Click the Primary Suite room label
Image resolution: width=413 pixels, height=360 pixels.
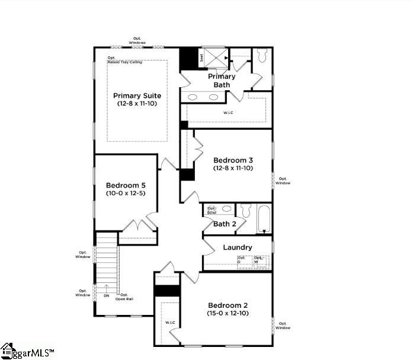[x=137, y=95]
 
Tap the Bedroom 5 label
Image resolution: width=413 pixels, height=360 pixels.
[x=126, y=185]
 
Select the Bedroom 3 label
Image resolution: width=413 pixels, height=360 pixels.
[x=233, y=160]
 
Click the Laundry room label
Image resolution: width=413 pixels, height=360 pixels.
[x=238, y=247]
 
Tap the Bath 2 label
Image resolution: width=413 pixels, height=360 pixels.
[x=225, y=224]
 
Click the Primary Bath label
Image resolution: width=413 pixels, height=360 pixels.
[x=222, y=81]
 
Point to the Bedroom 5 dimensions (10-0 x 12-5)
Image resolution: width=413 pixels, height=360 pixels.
[x=126, y=193]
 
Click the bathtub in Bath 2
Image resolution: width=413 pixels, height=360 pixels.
[x=263, y=219]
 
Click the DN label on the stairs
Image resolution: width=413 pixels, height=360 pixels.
[x=107, y=295]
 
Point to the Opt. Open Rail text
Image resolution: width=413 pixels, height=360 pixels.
[x=126, y=297]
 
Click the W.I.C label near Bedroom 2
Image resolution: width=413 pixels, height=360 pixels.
[x=170, y=323]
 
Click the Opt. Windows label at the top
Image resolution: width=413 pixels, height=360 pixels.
[x=137, y=41]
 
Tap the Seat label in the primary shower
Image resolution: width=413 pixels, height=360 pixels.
[x=201, y=58]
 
